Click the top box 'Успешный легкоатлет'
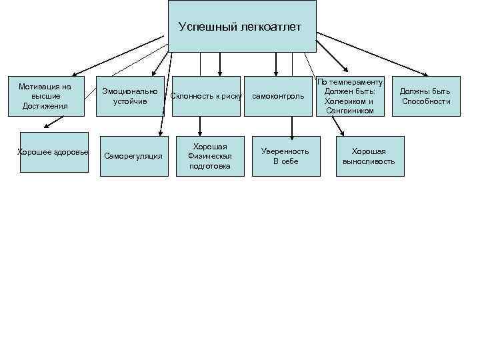pyautogui.click(x=241, y=27)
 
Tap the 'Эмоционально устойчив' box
pyautogui.click(x=129, y=97)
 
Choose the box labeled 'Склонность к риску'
pyautogui.click(x=206, y=97)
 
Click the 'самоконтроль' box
pyautogui.click(x=277, y=97)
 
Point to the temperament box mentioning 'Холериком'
pyautogui.click(x=350, y=97)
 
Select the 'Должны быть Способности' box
pyautogui.click(x=426, y=97)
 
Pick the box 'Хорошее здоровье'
pyautogui.click(x=53, y=153)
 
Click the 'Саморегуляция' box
pyautogui.click(x=133, y=156)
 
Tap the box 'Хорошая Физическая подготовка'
pyautogui.click(x=209, y=156)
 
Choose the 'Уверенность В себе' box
pyautogui.click(x=285, y=156)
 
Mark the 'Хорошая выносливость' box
pyautogui.click(x=369, y=156)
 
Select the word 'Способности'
pyautogui.click(x=426, y=101)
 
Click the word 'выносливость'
pyautogui.click(x=369, y=161)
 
